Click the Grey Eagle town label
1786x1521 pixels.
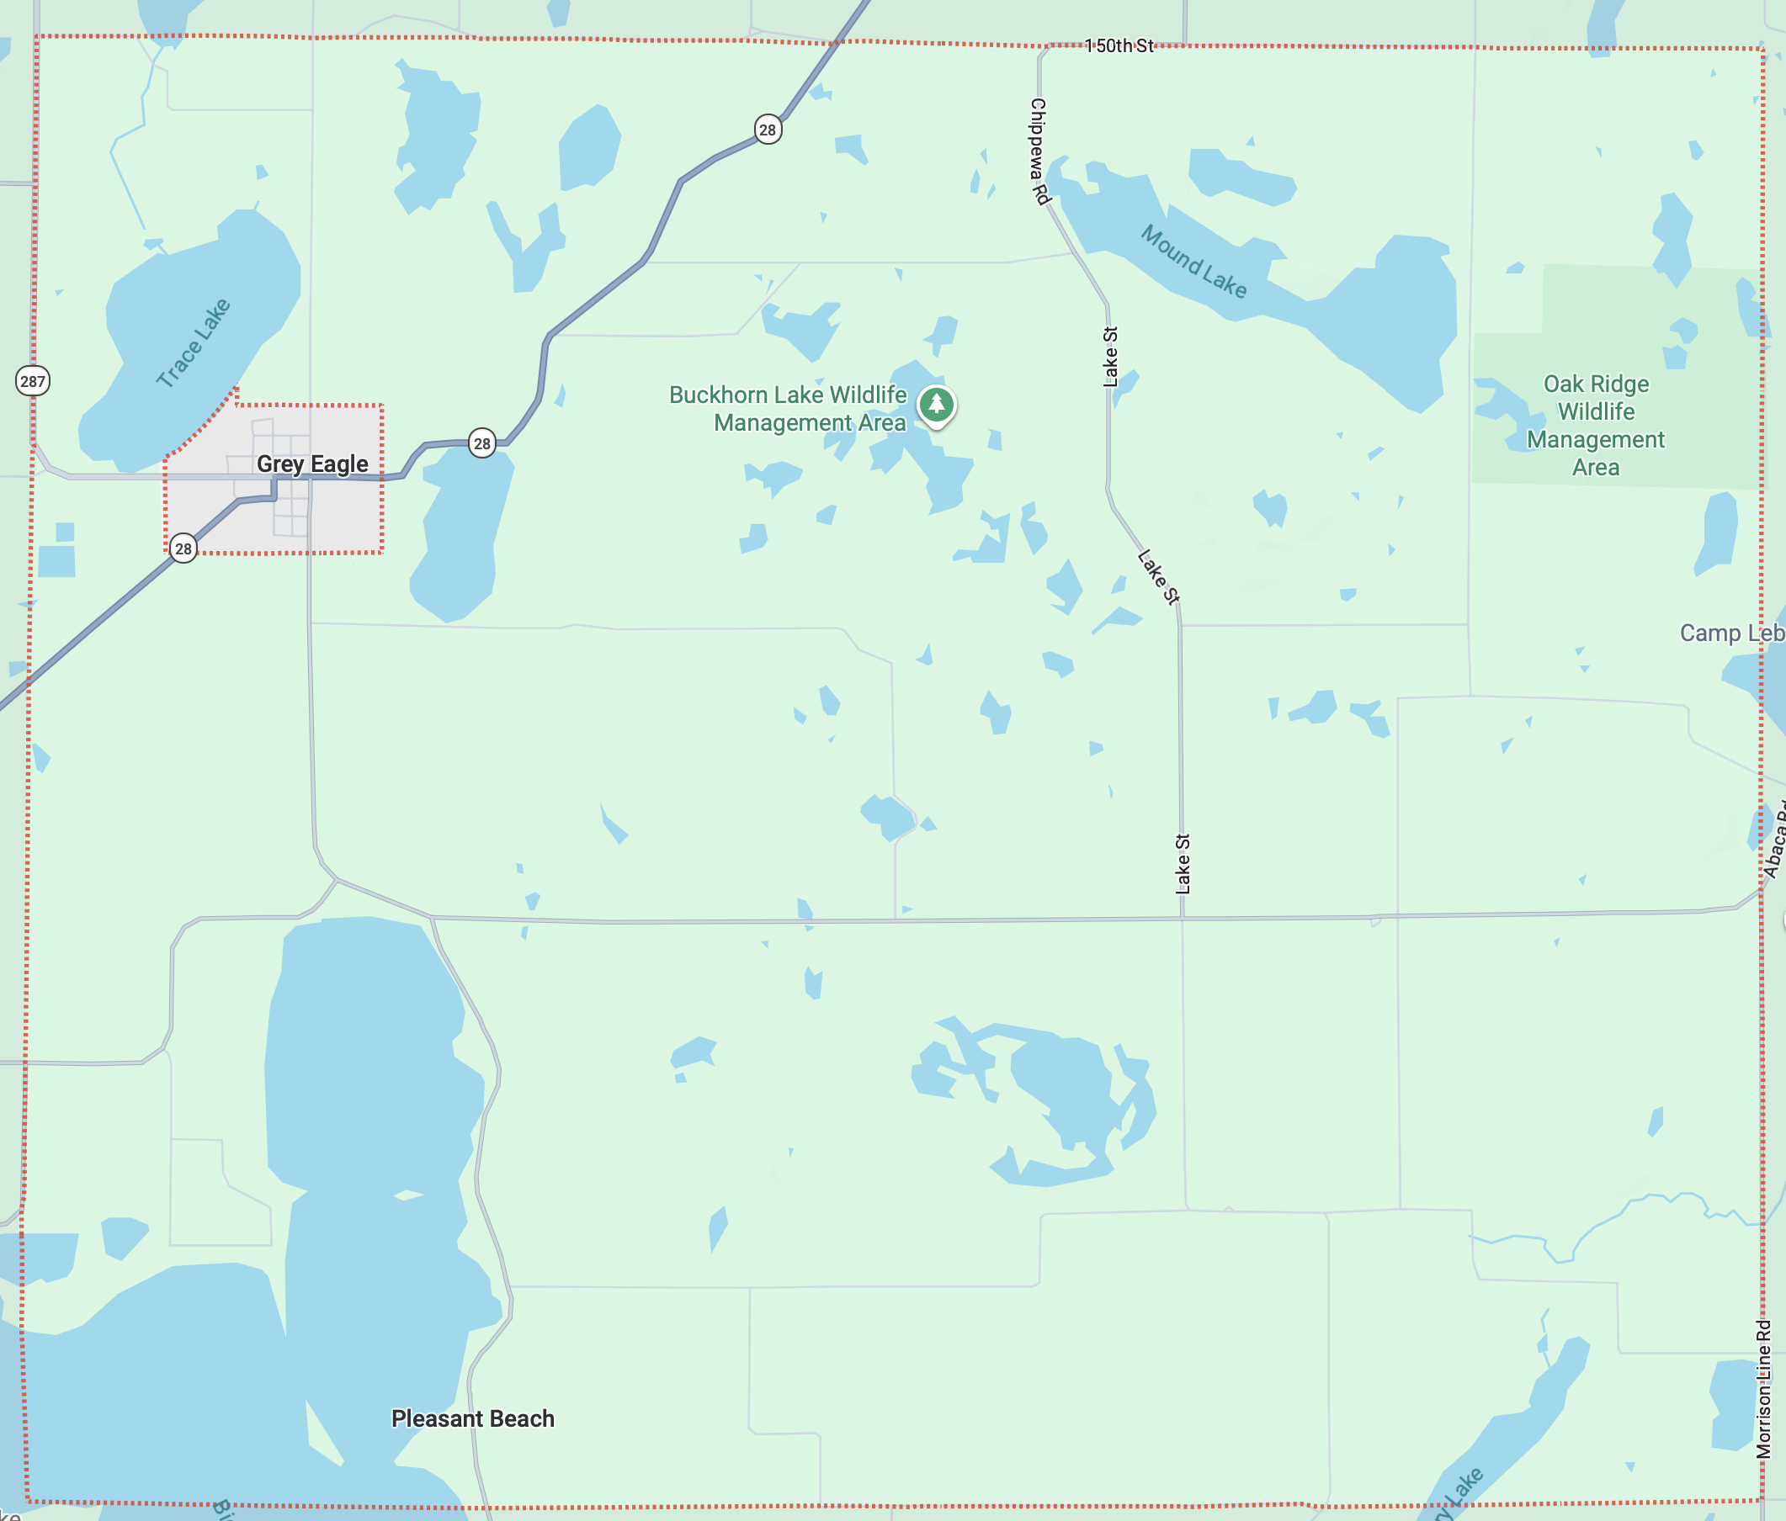pyautogui.click(x=312, y=464)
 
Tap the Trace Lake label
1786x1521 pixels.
pyautogui.click(x=193, y=343)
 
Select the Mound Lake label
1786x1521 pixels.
pyautogui.click(x=1193, y=261)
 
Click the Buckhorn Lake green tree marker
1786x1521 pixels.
pyautogui.click(x=936, y=403)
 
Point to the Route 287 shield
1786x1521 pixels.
pyautogui.click(x=33, y=381)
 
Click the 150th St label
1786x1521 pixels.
pyautogui.click(x=1118, y=45)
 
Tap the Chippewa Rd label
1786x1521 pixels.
pyautogui.click(x=1039, y=151)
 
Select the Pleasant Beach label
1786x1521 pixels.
pyautogui.click(x=472, y=1418)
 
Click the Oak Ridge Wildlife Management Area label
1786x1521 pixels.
pyautogui.click(x=1596, y=425)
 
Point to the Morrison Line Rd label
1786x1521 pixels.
pyautogui.click(x=1763, y=1388)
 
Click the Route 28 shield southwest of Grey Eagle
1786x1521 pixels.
pyautogui.click(x=183, y=548)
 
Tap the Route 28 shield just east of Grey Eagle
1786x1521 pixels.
pyautogui.click(x=481, y=444)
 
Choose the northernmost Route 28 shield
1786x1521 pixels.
pyautogui.click(x=767, y=130)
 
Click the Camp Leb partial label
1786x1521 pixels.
pyautogui.click(x=1730, y=633)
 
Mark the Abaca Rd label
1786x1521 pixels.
pyautogui.click(x=1775, y=849)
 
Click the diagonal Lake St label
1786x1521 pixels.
pyautogui.click(x=1157, y=576)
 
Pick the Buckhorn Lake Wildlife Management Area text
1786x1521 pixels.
pyautogui.click(x=788, y=409)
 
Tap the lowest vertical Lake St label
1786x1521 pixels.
pyautogui.click(x=1183, y=862)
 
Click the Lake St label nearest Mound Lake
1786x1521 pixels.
pyautogui.click(x=1110, y=356)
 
